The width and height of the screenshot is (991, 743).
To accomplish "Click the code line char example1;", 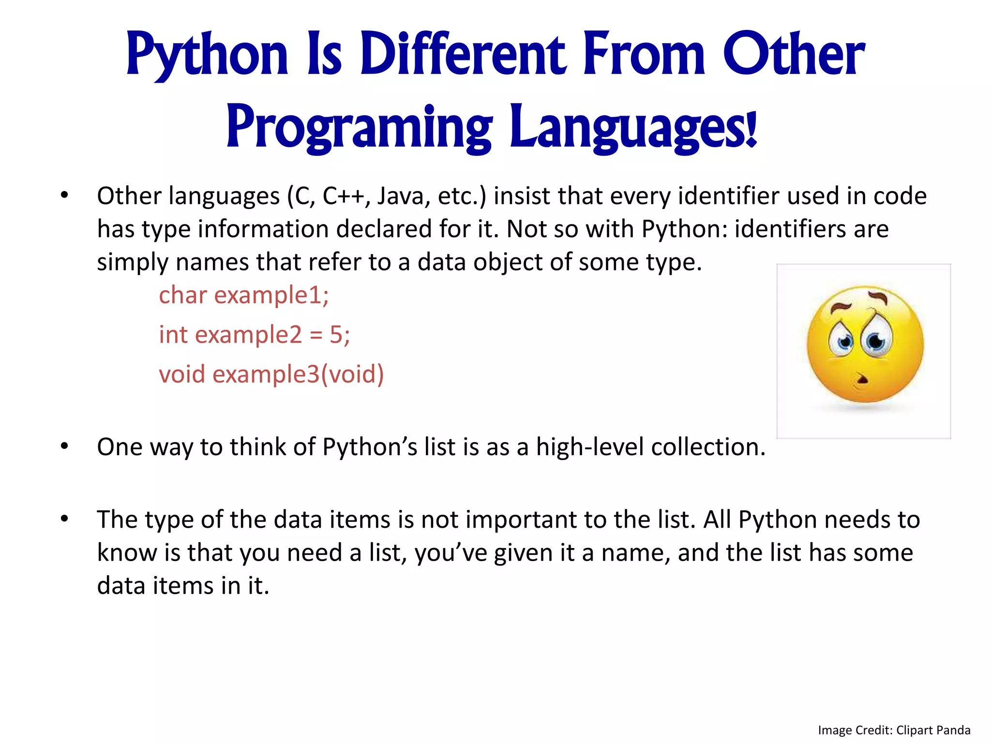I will point(244,295).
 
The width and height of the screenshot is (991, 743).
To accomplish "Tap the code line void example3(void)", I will point(271,374).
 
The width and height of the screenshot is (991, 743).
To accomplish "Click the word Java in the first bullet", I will point(398,196).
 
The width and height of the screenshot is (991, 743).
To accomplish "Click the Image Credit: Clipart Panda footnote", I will point(894,730).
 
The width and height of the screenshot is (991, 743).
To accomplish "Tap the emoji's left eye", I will point(845,342).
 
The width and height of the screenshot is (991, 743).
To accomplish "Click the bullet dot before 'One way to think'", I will point(64,446).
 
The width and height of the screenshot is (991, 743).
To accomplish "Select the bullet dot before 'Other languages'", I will point(64,195).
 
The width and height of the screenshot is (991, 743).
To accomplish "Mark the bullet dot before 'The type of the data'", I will point(64,519).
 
